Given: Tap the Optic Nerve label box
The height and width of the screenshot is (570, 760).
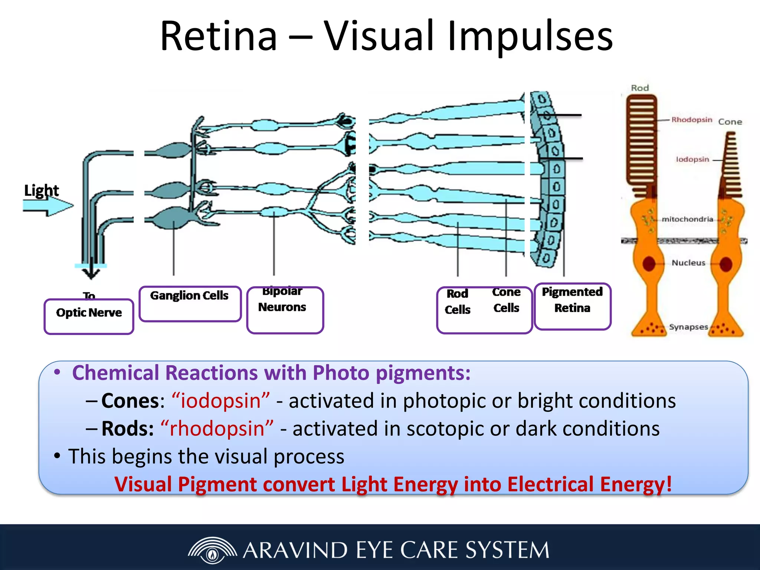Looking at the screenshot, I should (x=89, y=315).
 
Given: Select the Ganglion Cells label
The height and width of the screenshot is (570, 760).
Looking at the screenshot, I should (x=189, y=296).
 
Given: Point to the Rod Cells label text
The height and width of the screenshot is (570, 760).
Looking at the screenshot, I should (x=458, y=301).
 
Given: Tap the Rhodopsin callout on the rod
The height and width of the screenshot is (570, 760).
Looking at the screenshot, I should (x=691, y=120).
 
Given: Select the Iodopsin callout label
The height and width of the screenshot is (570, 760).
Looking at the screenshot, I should (x=692, y=160).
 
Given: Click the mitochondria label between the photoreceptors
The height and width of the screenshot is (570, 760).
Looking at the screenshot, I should (x=687, y=219).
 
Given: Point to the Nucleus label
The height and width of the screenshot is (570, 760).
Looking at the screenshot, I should (x=688, y=263).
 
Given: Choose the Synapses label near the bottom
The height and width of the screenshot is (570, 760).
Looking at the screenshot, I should (x=688, y=327).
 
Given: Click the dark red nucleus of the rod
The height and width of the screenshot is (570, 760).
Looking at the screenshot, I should (x=649, y=263).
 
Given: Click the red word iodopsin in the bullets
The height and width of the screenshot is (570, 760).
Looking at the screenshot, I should (x=220, y=401).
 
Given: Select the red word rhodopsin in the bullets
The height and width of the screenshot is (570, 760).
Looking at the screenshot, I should (x=217, y=429).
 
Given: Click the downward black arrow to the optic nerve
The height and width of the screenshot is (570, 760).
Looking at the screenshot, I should (x=91, y=273).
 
